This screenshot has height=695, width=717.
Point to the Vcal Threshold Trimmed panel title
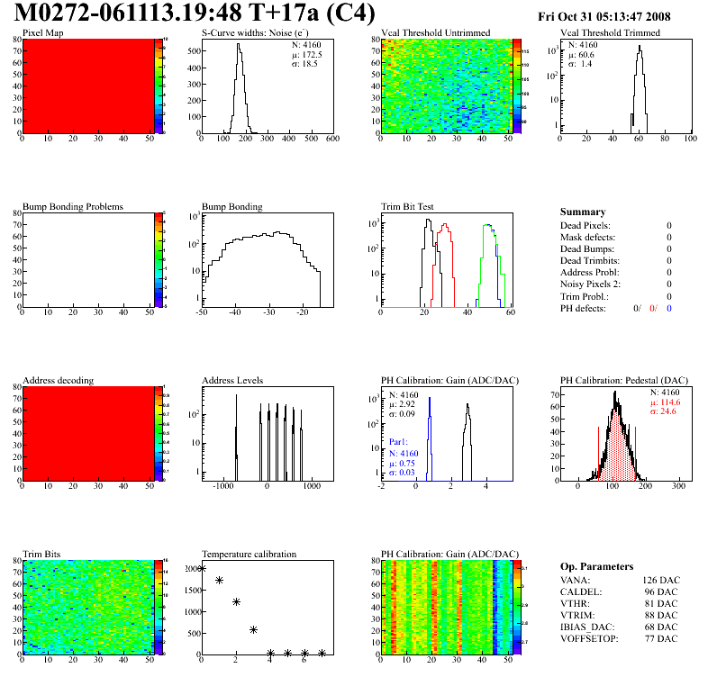610,33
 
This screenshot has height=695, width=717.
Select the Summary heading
583,212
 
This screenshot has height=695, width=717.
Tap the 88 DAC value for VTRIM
664,615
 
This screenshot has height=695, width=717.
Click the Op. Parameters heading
596,567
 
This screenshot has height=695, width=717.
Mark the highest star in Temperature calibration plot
202,568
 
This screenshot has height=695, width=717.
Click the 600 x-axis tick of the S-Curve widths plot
331,140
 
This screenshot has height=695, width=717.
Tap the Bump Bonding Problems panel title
73,207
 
